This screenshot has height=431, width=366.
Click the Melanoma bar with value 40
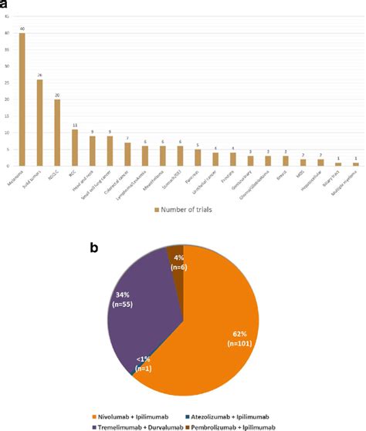coord(22,100)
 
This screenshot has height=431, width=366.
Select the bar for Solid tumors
coord(39,123)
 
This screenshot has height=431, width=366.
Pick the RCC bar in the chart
coord(75,148)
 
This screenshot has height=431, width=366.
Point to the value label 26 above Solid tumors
coord(39,76)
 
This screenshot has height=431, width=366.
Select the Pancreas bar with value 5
coord(198,158)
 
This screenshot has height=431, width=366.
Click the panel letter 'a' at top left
coord(5,6)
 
